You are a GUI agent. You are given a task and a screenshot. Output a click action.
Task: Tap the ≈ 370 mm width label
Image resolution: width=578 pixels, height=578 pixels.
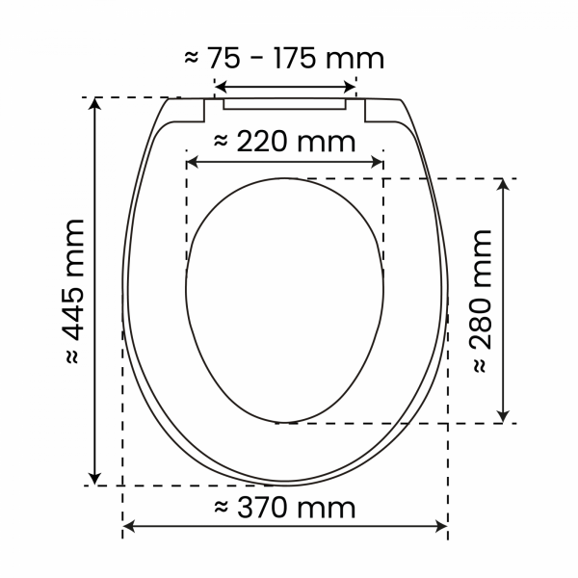(284, 508)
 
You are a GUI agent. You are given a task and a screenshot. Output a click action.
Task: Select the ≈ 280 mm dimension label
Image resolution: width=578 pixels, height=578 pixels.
(482, 302)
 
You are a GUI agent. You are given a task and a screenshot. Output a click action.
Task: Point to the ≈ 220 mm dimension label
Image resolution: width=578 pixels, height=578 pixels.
(284, 142)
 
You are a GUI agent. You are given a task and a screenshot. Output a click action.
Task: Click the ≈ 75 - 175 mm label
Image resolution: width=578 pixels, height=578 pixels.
(284, 58)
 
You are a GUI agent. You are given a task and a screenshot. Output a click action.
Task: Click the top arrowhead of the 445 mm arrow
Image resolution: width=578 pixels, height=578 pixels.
(94, 104)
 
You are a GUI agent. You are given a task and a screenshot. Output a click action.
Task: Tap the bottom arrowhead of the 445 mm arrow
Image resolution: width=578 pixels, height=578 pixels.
(94, 478)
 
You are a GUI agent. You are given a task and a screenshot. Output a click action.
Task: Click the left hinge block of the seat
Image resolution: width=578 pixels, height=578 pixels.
(188, 111)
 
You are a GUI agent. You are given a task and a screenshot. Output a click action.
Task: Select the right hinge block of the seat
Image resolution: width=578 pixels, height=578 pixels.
(382, 111)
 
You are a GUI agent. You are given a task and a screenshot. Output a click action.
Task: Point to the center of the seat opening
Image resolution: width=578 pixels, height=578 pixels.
(285, 299)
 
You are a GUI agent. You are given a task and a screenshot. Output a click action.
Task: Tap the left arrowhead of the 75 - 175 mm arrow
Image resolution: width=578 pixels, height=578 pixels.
(220, 83)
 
